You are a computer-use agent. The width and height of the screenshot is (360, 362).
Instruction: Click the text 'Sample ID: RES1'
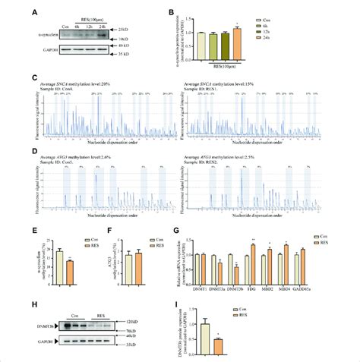(203, 88)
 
